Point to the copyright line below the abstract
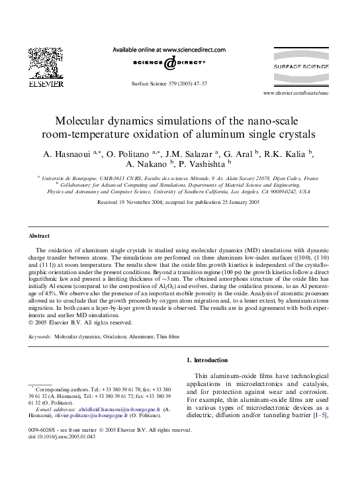point(81,323)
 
